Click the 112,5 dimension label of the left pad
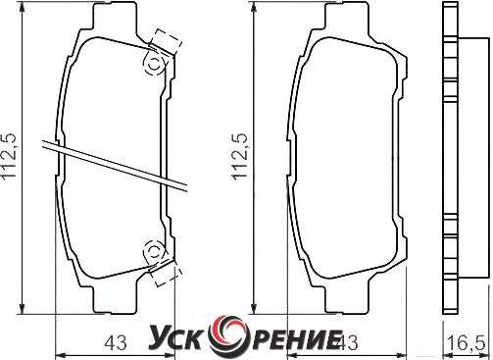[x=10, y=156]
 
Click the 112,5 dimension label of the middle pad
[x=239, y=156]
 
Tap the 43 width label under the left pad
[x=116, y=343]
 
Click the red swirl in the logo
[x=226, y=336]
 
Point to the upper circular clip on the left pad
[x=154, y=64]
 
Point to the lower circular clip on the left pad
[x=154, y=251]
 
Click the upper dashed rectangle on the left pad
[x=166, y=43]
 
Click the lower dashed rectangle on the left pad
[x=166, y=272]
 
